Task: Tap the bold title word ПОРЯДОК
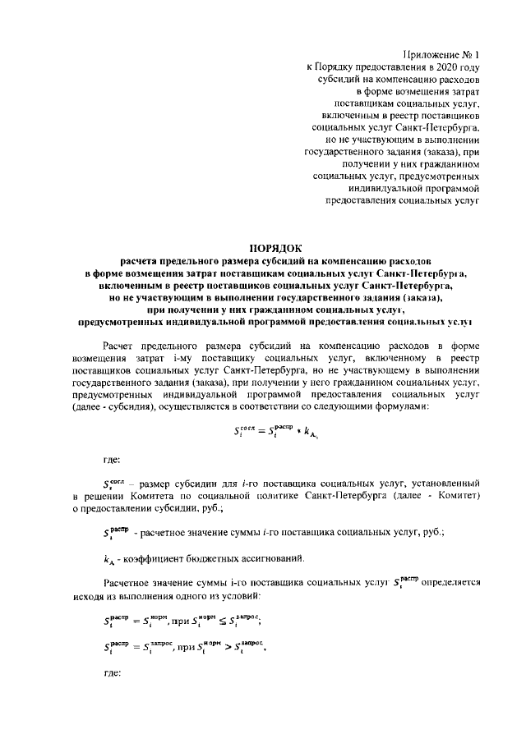[276, 247]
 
